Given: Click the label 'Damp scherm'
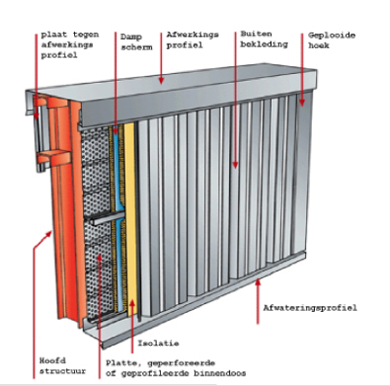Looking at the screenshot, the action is tap(136, 42).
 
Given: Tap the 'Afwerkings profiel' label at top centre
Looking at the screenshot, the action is tap(193, 40).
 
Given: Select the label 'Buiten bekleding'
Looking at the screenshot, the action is tap(264, 39).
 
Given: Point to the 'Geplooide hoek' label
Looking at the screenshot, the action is tap(331, 40).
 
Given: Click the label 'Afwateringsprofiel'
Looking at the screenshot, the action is tap(310, 307).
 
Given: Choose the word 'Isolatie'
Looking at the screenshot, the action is tap(158, 343).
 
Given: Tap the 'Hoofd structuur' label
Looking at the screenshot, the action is tap(62, 366).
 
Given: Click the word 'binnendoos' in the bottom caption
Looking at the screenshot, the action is tap(219, 373).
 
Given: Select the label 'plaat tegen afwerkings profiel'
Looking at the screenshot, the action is tap(70, 45).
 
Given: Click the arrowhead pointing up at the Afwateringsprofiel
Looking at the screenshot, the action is tap(258, 283).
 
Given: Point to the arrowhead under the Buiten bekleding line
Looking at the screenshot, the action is tap(235, 165).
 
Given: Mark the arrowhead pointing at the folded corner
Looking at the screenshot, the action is tap(302, 102).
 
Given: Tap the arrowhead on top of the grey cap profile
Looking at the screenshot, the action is tap(161, 80).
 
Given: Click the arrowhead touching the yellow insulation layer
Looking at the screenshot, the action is tap(132, 303).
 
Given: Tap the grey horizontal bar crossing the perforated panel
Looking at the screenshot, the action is tap(105, 218).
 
